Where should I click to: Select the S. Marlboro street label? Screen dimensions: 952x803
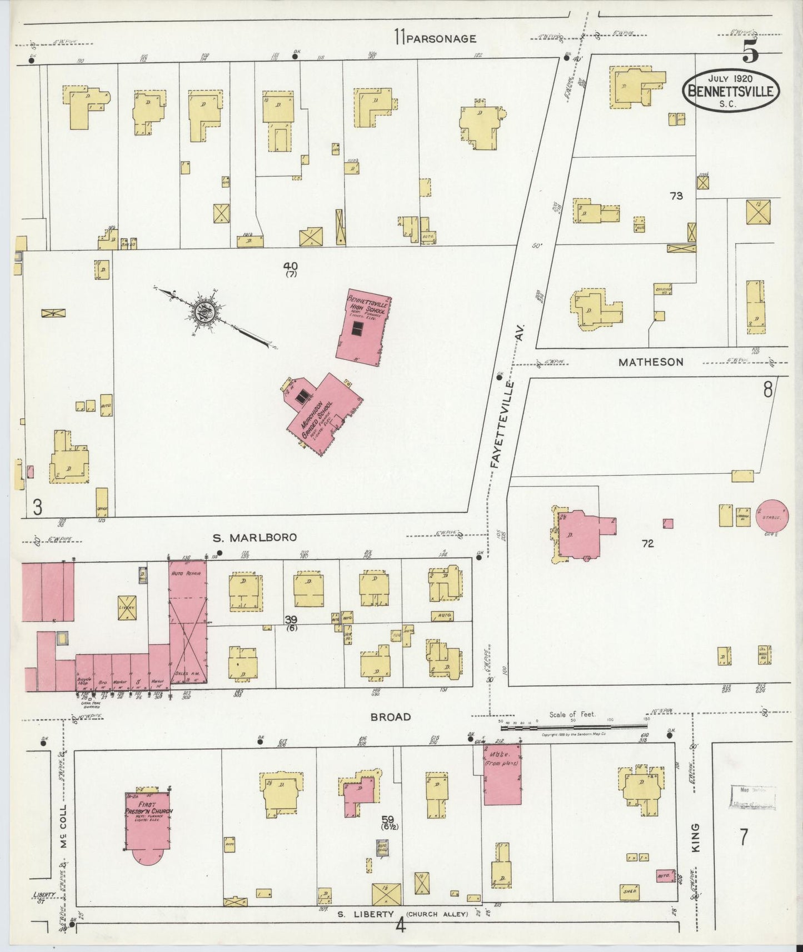(255, 537)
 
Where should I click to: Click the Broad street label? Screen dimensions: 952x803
(391, 716)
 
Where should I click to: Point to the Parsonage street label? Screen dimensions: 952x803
(441, 38)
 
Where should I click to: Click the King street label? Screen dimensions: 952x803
(696, 838)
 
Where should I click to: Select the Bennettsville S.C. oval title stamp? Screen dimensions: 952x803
(731, 91)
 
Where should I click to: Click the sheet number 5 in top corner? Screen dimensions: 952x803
(750, 53)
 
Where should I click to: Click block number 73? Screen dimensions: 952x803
(676, 196)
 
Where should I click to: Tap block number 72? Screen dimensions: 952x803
(647, 544)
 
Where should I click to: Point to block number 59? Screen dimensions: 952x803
(388, 819)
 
